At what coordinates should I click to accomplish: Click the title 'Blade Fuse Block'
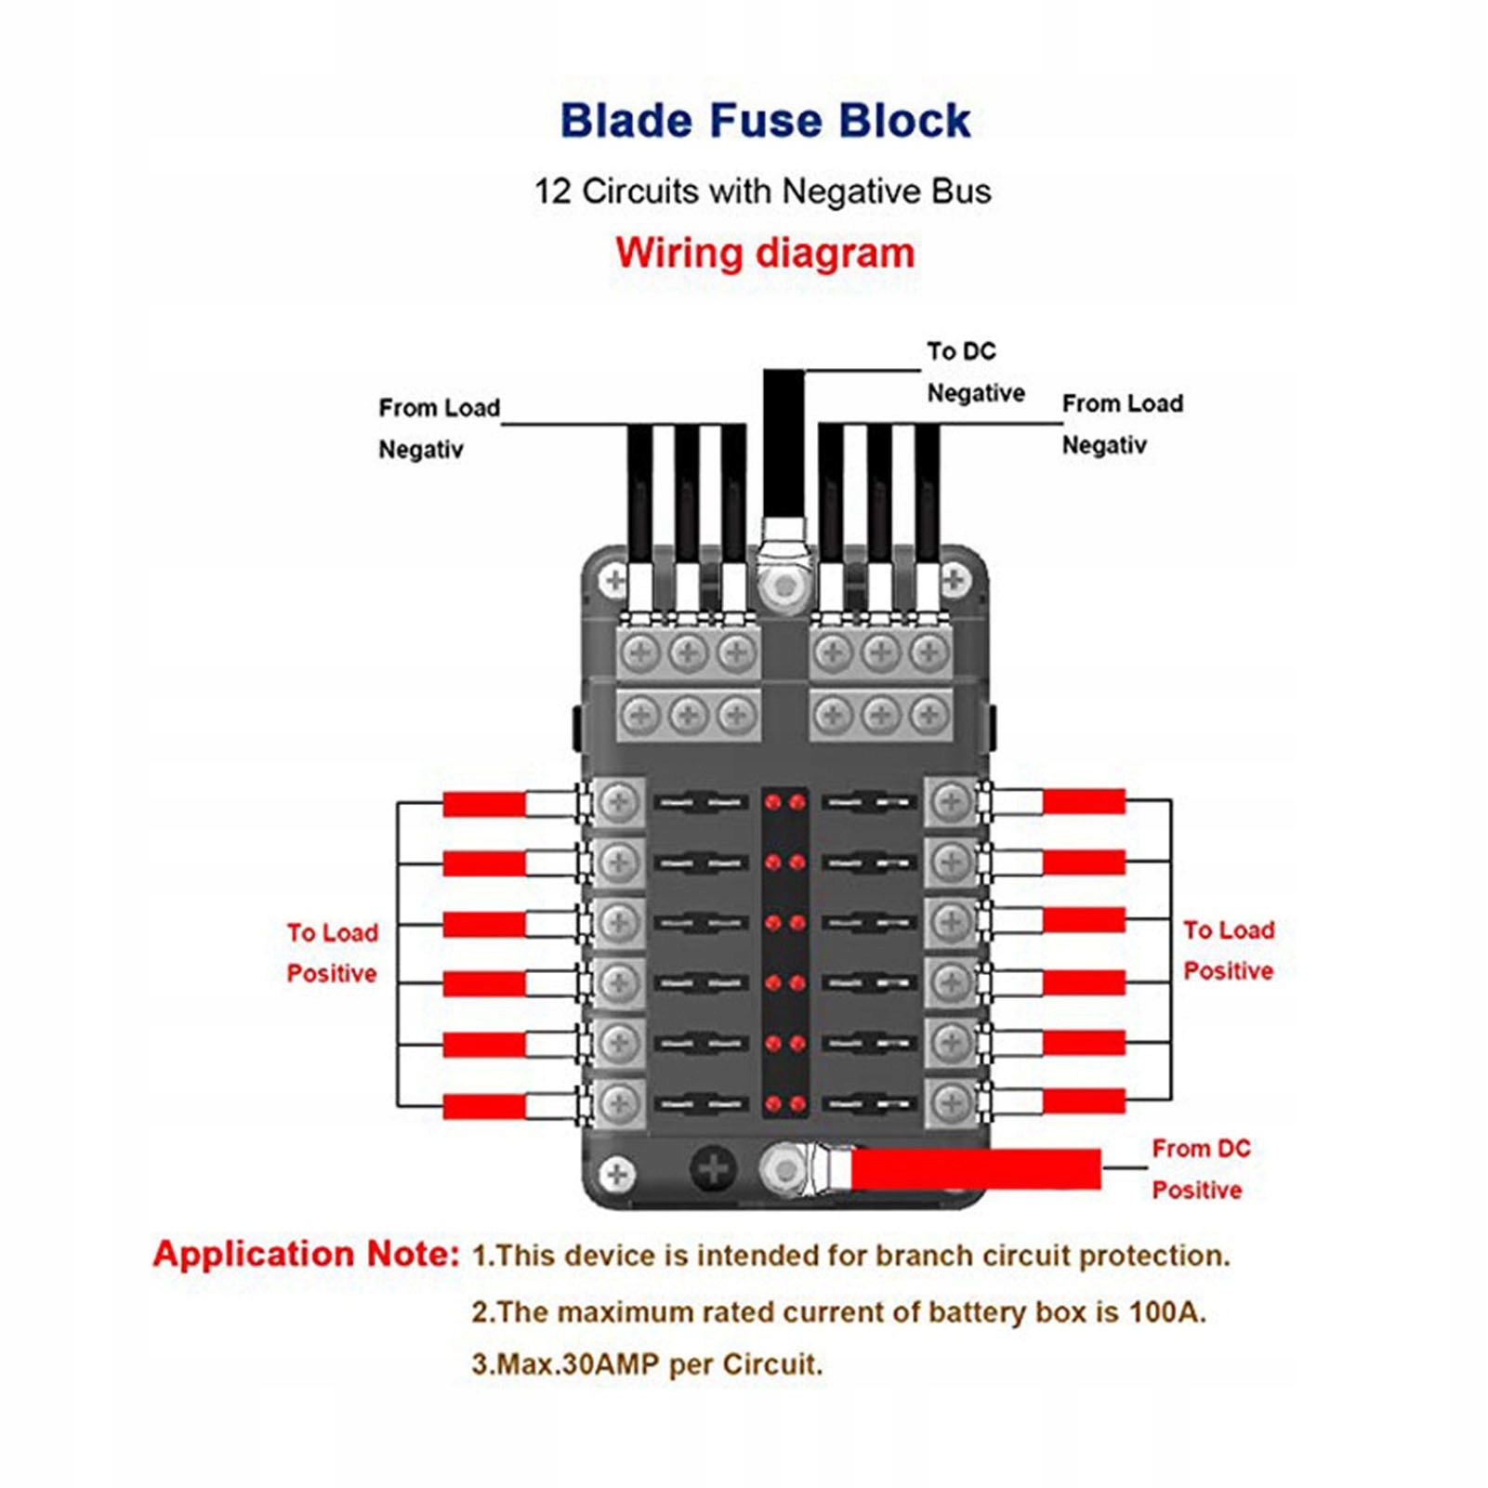point(765,121)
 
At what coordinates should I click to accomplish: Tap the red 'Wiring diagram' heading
point(765,253)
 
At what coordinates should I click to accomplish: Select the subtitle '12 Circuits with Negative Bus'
point(762,191)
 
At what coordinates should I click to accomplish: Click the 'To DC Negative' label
point(975,372)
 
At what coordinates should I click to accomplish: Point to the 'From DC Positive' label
point(1201,1169)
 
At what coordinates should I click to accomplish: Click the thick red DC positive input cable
point(975,1169)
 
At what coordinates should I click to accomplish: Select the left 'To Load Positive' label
point(332,953)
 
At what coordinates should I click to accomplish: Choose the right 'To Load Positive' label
point(1229,950)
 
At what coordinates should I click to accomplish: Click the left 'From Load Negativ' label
point(439,428)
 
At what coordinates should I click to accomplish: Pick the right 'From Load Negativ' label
point(1123,424)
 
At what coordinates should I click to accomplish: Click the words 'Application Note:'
point(307,1254)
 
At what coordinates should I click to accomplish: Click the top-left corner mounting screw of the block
point(614,581)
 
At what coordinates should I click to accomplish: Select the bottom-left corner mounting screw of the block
point(617,1174)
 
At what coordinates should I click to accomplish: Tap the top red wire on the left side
point(484,804)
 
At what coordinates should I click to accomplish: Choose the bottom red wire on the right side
point(1084,1101)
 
